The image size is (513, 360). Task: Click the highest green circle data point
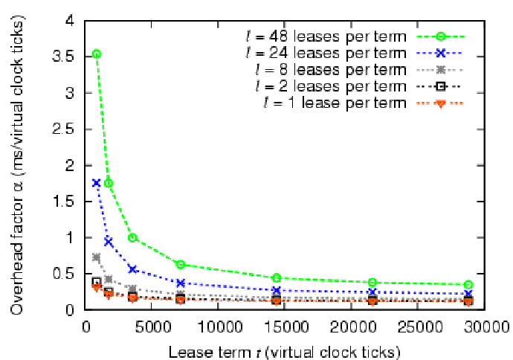pos(96,54)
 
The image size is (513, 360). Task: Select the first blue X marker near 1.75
pos(96,182)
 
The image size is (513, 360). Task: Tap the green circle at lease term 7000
pos(180,264)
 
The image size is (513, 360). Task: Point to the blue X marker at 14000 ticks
pos(276,290)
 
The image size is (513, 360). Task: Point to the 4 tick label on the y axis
pos(69,20)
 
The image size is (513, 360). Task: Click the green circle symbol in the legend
pos(441,36)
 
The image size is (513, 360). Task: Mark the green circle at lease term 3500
pos(132,237)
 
